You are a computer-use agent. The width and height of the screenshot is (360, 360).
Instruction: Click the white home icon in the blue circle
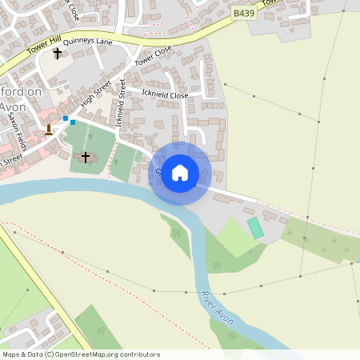(x=180, y=172)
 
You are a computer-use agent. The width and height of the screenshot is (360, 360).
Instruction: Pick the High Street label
(x=97, y=97)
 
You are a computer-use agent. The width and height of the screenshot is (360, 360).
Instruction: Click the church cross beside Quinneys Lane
(x=57, y=54)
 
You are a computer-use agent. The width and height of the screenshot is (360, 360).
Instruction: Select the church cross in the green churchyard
(x=86, y=157)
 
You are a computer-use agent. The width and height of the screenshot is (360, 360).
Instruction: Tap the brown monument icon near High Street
(x=49, y=129)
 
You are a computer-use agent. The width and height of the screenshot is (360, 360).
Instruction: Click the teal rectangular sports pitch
(x=255, y=227)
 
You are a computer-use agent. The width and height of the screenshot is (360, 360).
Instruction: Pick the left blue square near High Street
(x=65, y=118)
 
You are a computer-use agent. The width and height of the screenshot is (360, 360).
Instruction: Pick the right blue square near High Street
(x=73, y=122)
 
